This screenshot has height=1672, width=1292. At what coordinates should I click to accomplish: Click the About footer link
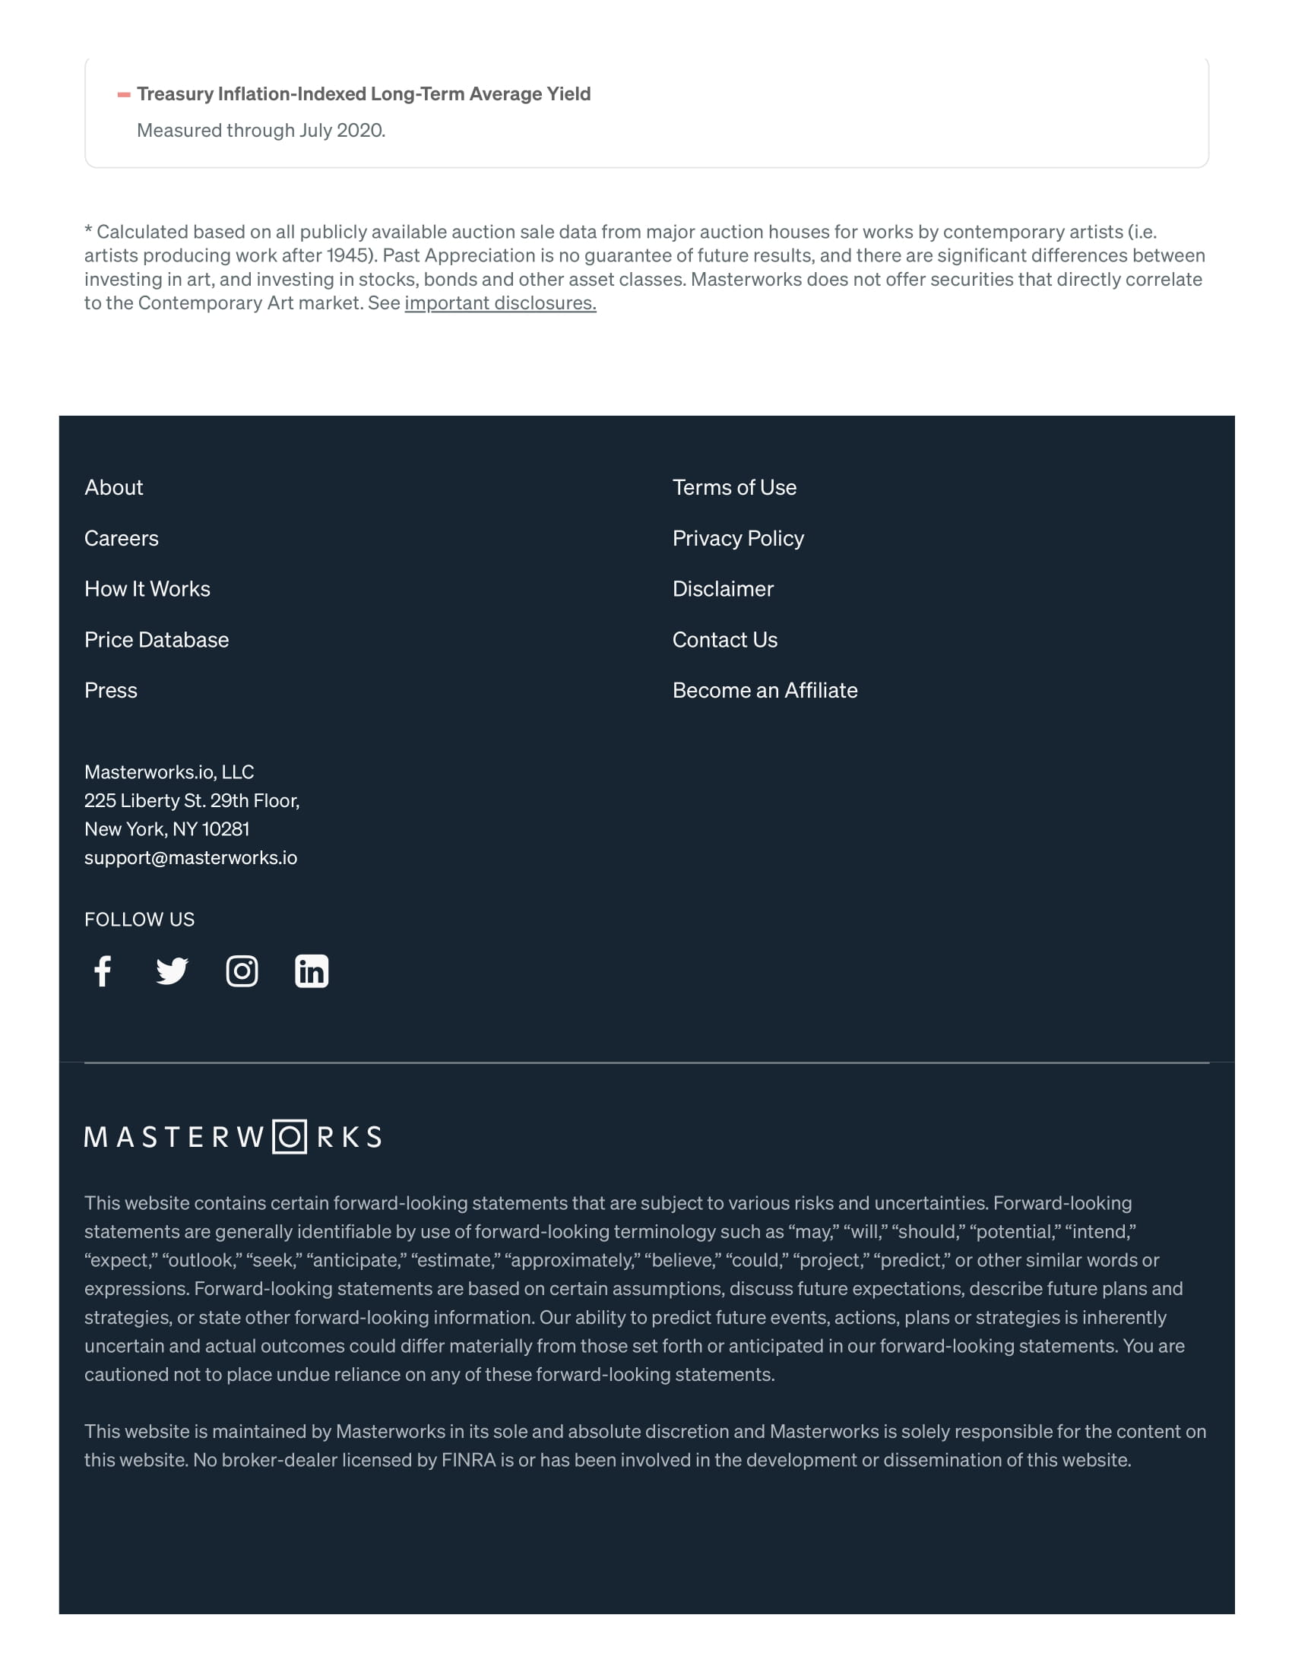(113, 488)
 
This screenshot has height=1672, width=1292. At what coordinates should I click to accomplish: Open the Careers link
(121, 538)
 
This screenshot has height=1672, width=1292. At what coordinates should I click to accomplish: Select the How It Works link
(147, 589)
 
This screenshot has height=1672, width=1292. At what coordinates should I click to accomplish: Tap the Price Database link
(156, 640)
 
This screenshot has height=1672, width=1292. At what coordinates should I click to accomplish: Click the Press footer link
(110, 691)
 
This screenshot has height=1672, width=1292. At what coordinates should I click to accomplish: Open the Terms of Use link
(734, 488)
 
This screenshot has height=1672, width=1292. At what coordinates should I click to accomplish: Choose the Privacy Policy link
(738, 538)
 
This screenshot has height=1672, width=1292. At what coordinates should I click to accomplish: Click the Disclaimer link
(723, 589)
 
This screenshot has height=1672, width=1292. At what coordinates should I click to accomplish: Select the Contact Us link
(724, 640)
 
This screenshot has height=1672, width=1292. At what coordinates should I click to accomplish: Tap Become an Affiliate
(765, 691)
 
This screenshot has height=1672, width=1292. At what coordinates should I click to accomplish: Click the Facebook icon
(103, 971)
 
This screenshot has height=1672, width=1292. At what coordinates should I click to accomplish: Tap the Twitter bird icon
(173, 971)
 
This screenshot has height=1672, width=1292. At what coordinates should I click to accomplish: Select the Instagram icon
(242, 971)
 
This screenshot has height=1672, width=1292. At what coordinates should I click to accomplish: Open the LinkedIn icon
(312, 971)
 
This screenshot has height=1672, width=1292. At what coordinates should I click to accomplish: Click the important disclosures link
(500, 303)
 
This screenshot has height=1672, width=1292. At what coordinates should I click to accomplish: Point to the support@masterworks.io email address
(191, 857)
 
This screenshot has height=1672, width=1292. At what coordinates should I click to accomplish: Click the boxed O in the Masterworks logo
(290, 1137)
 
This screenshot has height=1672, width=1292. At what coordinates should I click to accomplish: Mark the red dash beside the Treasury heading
(123, 95)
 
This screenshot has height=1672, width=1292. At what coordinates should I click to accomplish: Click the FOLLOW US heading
(139, 920)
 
